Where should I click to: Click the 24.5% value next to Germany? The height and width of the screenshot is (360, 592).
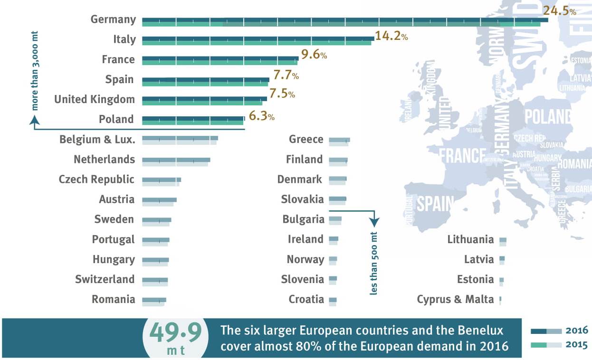[x=559, y=11]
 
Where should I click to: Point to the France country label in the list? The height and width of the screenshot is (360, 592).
[x=118, y=59]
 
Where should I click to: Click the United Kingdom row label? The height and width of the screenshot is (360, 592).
[x=95, y=99]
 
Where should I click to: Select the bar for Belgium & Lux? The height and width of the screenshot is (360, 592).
[x=180, y=140]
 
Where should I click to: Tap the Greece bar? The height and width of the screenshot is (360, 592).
[x=339, y=142]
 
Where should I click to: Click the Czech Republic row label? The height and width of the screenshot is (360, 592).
[x=96, y=180]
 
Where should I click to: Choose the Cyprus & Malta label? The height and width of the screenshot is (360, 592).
[x=455, y=299]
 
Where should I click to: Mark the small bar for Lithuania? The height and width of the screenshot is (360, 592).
[x=503, y=242]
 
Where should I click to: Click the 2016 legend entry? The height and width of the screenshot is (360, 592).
[x=559, y=331]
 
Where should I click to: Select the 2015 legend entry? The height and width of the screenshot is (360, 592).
[x=559, y=345]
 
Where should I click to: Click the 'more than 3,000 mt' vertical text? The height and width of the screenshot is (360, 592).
[x=35, y=71]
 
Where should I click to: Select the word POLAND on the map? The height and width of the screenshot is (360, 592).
[x=548, y=116]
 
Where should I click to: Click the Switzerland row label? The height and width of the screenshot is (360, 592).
[x=105, y=279]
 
